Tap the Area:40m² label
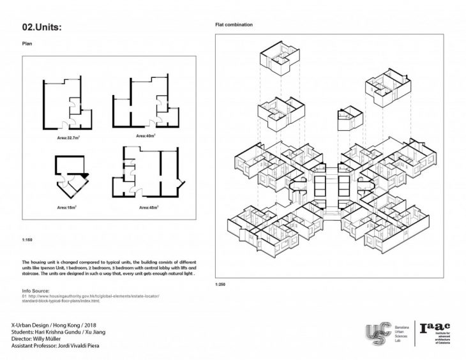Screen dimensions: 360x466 click(x=146, y=135)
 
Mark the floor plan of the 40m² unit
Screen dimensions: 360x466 click(x=146, y=104)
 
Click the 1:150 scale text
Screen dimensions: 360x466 click(x=27, y=241)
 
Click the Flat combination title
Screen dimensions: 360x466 click(x=234, y=25)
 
